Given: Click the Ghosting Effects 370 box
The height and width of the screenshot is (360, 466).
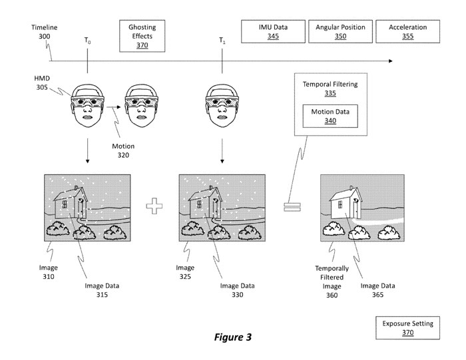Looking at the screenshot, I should point(142,31).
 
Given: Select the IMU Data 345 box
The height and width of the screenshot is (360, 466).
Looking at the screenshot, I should point(268,31).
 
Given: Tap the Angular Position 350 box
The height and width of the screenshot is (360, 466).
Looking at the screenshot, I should point(340,31).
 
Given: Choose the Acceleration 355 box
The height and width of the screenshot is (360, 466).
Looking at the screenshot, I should point(407,31).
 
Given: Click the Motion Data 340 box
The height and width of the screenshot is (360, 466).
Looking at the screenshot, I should point(330,116).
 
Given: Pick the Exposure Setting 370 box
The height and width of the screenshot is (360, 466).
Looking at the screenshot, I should point(407,328).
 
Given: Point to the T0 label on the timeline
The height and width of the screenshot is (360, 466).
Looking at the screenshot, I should point(88,41).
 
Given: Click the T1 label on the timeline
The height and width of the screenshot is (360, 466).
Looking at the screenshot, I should point(222,41).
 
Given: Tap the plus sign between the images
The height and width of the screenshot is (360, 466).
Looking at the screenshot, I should point(155,206).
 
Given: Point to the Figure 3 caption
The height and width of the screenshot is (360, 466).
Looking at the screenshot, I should point(232,337).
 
